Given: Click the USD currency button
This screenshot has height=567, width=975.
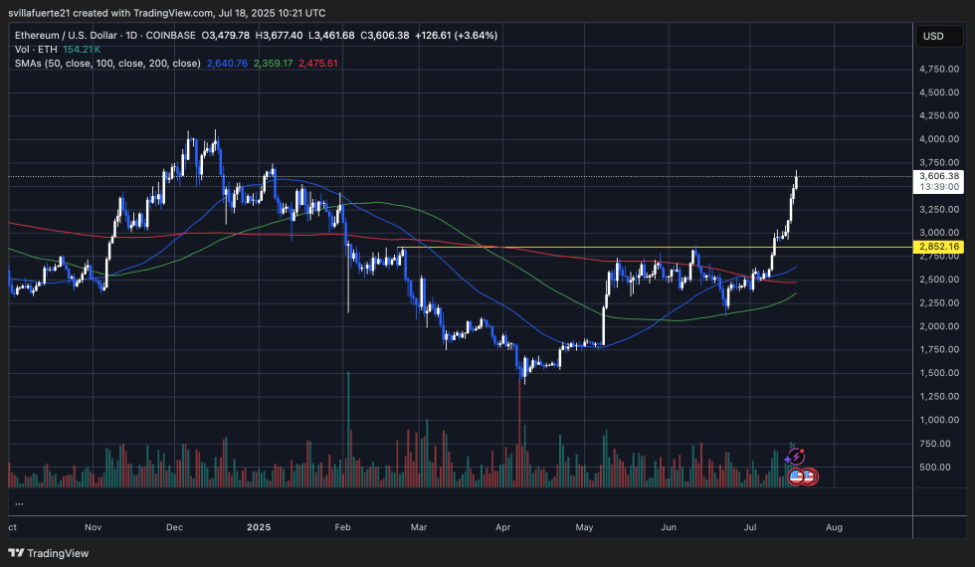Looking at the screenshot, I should click(x=933, y=36).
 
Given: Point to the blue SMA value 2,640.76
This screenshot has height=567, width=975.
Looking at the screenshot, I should click(x=226, y=63).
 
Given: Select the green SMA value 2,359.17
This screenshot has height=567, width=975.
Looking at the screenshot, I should click(x=273, y=63).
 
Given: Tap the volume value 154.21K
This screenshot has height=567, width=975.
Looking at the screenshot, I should click(x=81, y=49).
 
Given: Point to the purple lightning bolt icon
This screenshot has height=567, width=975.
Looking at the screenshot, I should click(x=795, y=457).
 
